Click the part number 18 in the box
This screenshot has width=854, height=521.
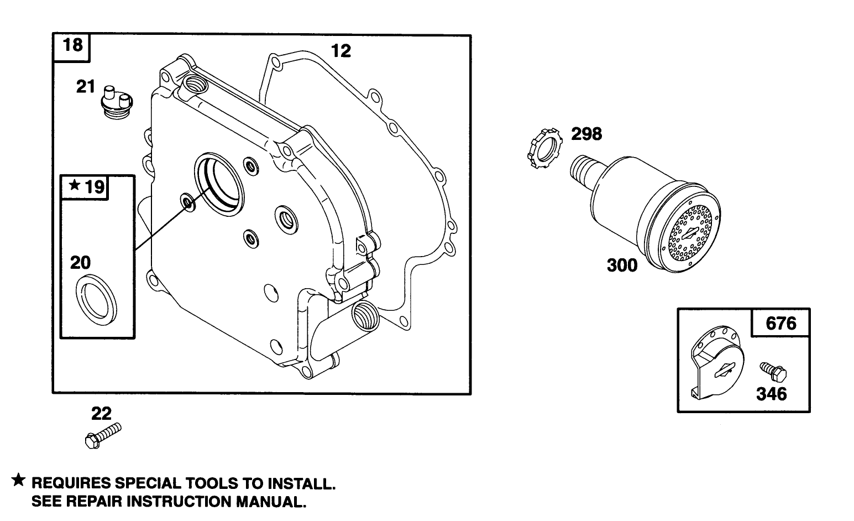(72, 44)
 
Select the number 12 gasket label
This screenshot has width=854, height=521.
(340, 51)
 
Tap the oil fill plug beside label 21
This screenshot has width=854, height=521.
(116, 100)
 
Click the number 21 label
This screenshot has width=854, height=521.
(86, 87)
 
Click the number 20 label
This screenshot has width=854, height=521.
(80, 262)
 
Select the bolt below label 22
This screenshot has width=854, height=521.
(103, 435)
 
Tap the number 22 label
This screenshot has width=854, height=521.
(101, 413)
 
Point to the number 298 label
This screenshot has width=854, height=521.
(586, 134)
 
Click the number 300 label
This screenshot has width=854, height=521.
(622, 265)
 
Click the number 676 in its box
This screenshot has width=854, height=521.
(780, 323)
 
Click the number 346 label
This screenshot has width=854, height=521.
(771, 394)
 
